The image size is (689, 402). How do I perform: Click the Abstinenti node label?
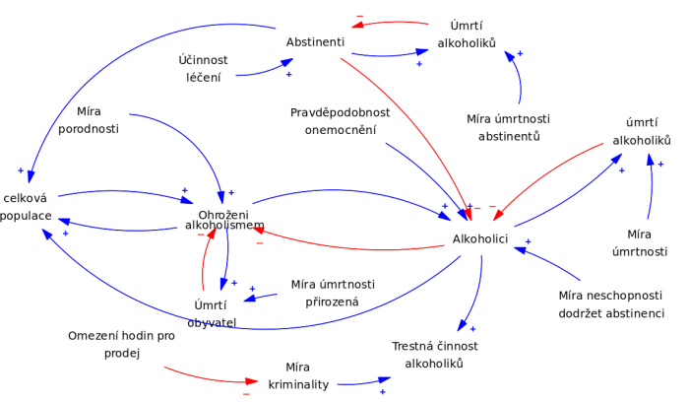point(315,42)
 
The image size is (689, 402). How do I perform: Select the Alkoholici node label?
point(479,239)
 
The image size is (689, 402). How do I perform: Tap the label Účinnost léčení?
point(204,68)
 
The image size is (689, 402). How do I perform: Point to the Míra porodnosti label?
point(88,120)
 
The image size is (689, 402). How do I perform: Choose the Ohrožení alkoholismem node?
point(224,221)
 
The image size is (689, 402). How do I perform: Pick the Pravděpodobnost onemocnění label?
point(340,121)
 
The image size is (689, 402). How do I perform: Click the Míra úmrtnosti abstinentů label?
point(508,128)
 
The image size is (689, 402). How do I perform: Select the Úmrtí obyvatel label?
point(212,313)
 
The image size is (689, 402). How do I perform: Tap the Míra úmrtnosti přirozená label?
point(333,294)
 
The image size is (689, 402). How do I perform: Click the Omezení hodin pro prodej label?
point(122,345)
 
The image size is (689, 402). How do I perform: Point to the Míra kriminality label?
point(298,376)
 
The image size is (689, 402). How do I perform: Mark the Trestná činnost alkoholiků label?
point(434,355)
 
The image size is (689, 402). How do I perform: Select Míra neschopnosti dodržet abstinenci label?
point(611,304)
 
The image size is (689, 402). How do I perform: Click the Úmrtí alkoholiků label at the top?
point(467,34)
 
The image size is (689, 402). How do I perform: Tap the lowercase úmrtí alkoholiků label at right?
point(642,131)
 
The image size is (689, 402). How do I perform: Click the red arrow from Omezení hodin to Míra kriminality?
point(207,377)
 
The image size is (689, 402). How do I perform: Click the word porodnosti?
point(88,129)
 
